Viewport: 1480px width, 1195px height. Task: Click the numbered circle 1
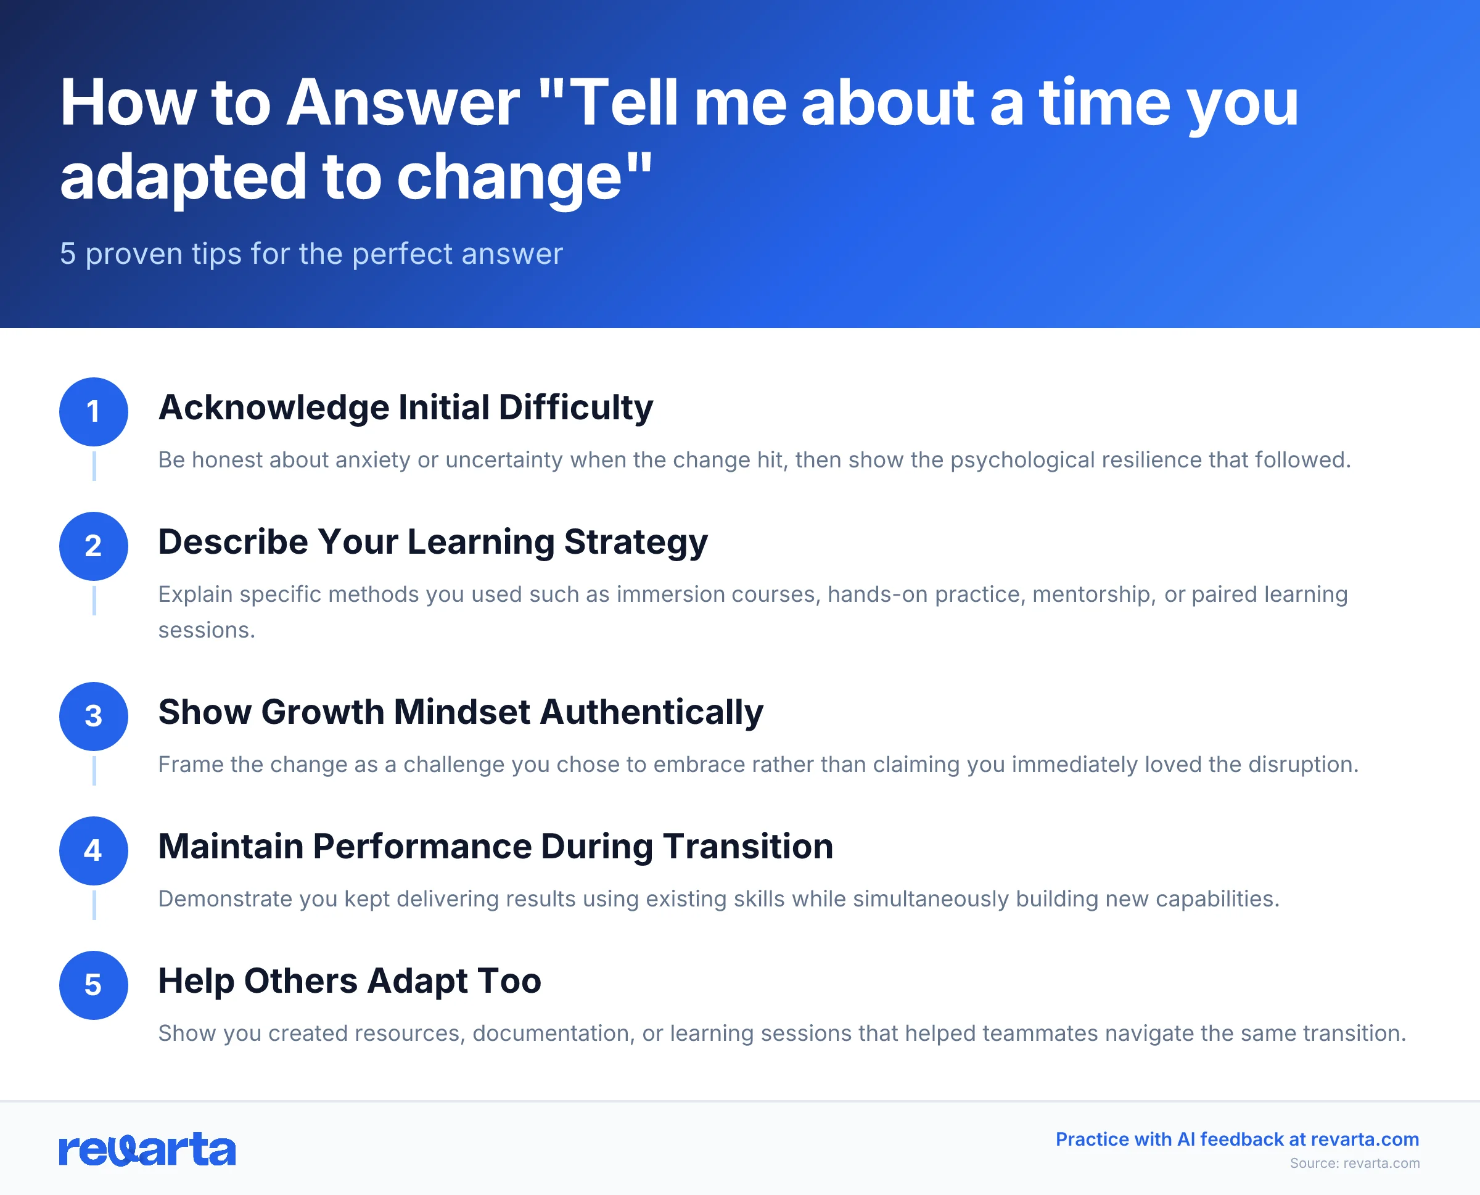coord(94,412)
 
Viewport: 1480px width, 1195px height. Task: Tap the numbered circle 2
coord(94,546)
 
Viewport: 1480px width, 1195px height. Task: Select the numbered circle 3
coord(94,716)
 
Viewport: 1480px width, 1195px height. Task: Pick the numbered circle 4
coord(94,851)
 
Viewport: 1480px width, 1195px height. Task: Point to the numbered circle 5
coord(94,985)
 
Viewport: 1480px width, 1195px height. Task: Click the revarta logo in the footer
coord(147,1149)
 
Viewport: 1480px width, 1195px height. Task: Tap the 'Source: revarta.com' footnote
coord(1354,1164)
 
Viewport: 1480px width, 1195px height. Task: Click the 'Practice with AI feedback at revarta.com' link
coord(1237,1140)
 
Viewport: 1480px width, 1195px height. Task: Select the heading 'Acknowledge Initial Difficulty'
coord(405,408)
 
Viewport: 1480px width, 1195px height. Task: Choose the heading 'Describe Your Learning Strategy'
coord(432,542)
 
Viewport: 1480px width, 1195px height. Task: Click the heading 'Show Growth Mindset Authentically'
coord(461,712)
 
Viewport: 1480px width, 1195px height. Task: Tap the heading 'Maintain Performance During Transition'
coord(496,847)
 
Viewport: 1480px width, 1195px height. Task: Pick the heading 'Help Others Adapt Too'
coord(350,981)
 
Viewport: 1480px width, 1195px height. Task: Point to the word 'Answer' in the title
coord(403,103)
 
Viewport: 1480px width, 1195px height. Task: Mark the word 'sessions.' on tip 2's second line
coord(207,630)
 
